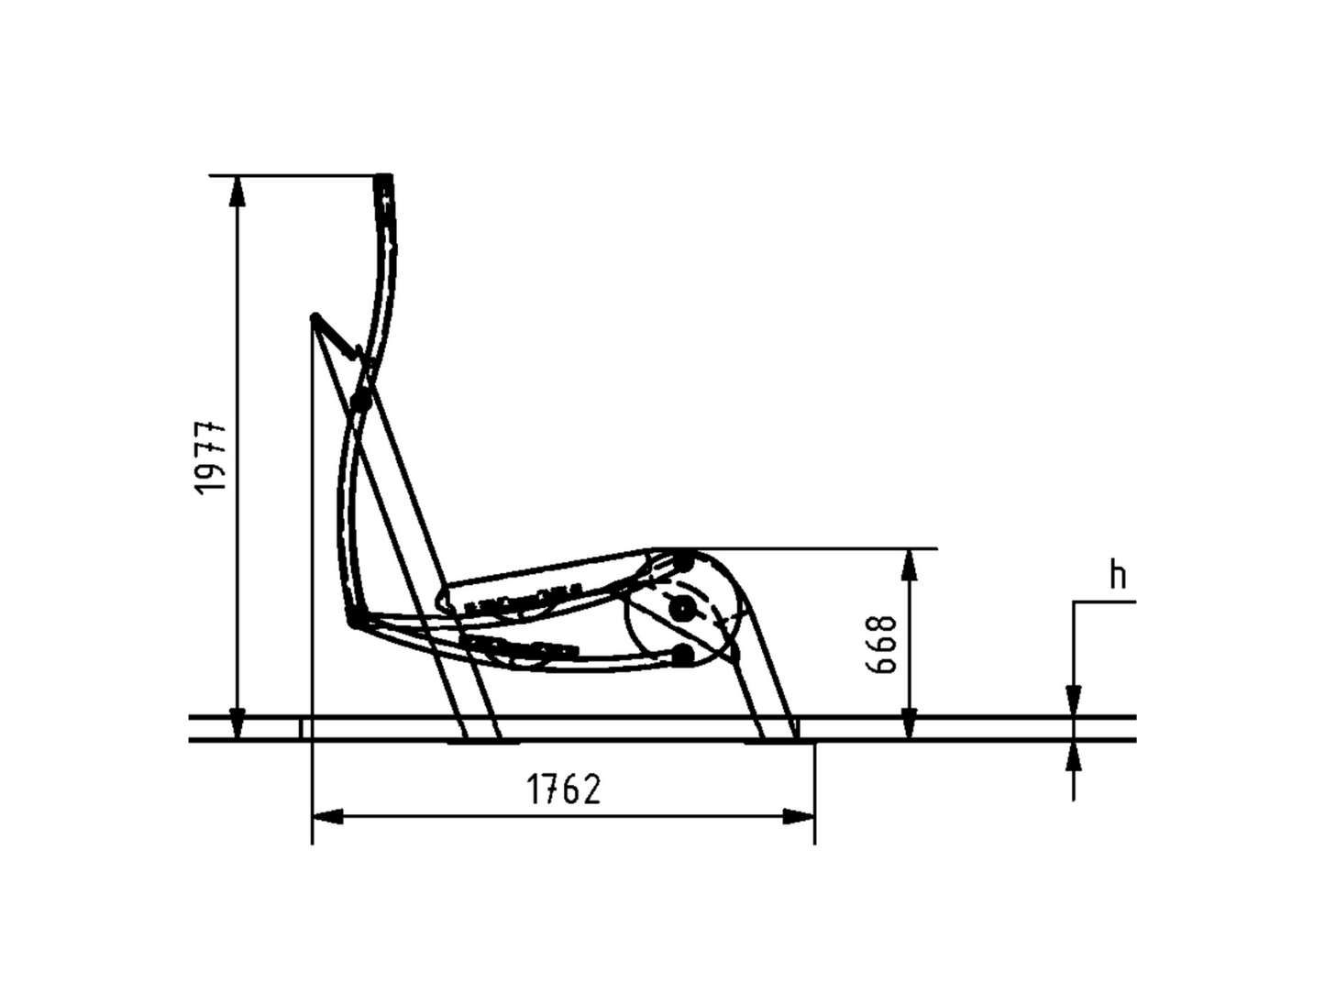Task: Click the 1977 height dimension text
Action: coord(212,457)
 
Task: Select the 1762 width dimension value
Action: coord(564,789)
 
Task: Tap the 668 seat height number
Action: coord(882,644)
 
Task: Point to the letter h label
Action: coord(1117,576)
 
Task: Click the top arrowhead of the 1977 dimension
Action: coord(237,188)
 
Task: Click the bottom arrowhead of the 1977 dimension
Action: coord(237,725)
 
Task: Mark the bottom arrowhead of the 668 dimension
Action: coord(909,725)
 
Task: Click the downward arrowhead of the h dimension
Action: coord(1074,701)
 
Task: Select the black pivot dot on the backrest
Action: coord(361,401)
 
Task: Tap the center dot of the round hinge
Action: coord(680,607)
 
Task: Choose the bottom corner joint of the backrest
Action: coord(352,623)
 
